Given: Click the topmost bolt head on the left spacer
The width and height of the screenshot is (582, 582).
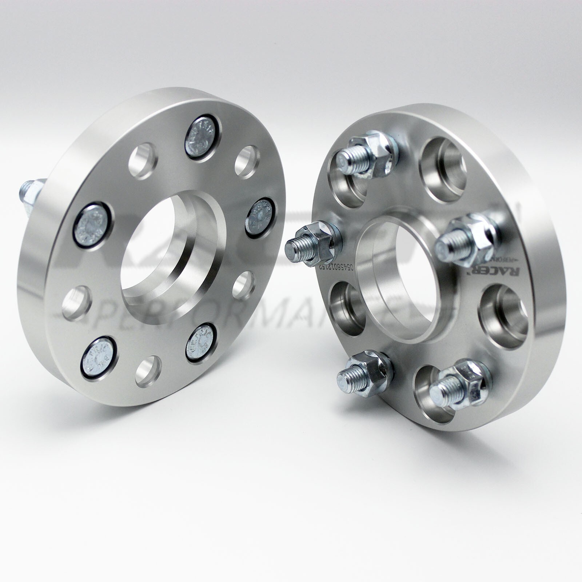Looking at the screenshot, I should click(200, 137).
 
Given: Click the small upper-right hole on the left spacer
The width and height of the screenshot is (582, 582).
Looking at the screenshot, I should click(247, 161).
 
